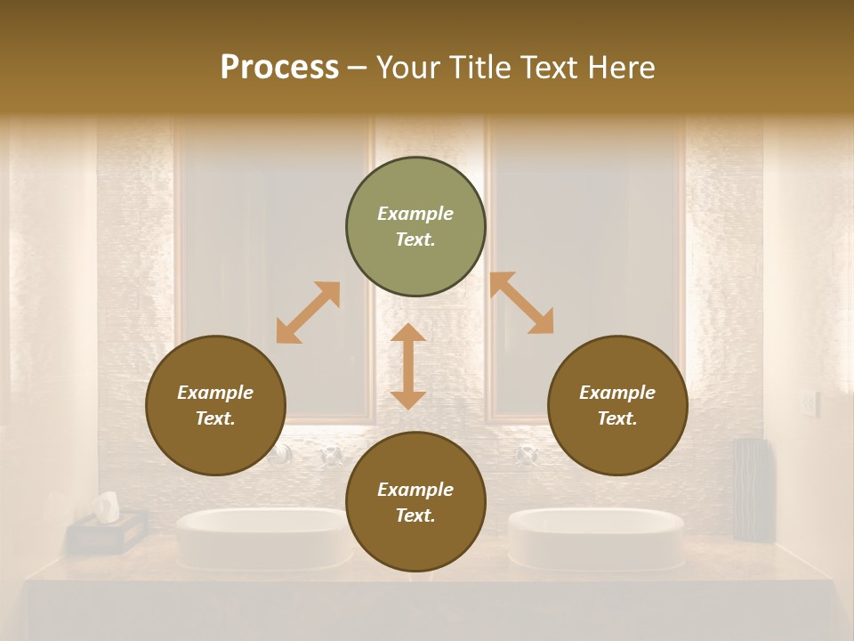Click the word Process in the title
(279, 68)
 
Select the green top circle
(415, 227)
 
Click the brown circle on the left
(215, 406)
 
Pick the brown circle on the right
(617, 406)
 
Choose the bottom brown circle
(415, 502)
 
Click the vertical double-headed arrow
(408, 366)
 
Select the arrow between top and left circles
(308, 312)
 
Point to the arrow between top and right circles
(522, 303)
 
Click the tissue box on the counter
(107, 531)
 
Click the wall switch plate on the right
(808, 404)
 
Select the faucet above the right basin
(526, 456)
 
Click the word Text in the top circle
(415, 240)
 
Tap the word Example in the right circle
(617, 393)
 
